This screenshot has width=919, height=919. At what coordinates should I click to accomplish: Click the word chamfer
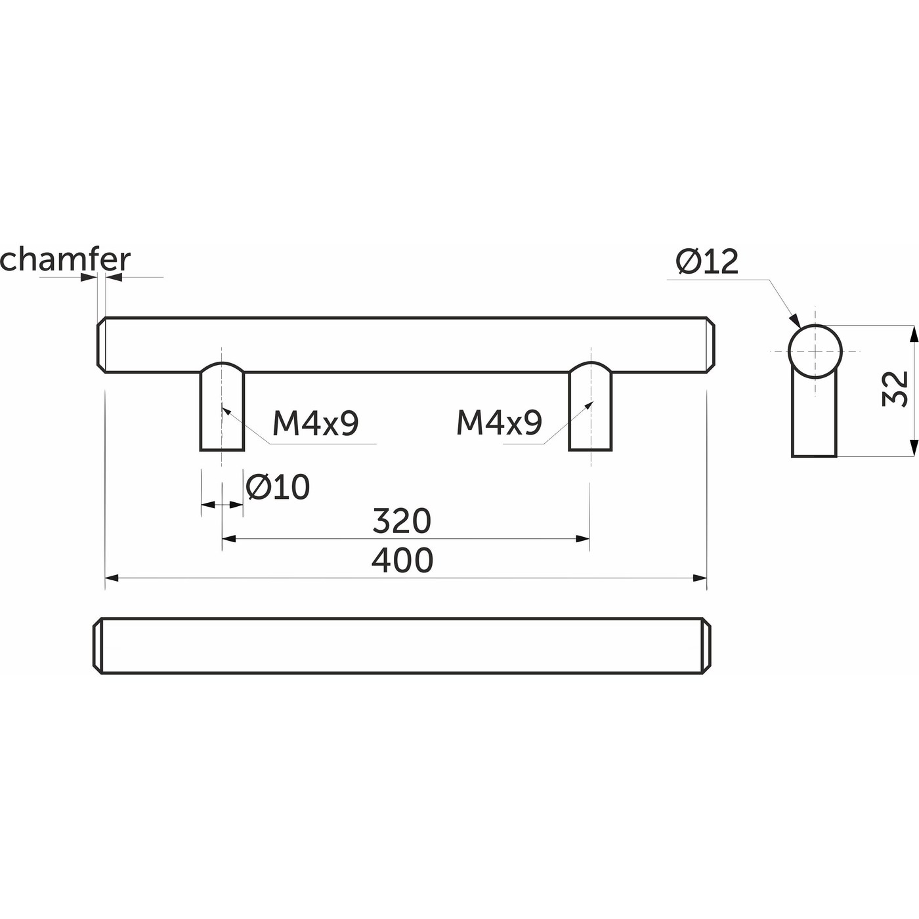coord(65,260)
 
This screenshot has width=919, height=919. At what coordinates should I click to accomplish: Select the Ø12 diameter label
coord(707,263)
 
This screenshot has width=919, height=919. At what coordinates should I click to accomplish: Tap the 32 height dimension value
coord(894,389)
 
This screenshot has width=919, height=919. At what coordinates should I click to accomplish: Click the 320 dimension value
coord(402,521)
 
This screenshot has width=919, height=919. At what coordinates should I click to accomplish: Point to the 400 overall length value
coord(402,561)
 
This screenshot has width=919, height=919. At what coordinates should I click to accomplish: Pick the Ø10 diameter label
coord(278,487)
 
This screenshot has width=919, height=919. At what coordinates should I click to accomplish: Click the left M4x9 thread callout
coord(315,423)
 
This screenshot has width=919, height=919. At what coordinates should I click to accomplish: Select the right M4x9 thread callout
coord(499,423)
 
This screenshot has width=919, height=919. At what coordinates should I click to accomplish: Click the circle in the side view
coord(815,351)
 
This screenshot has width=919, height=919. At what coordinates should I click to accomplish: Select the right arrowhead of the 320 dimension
coord(582,539)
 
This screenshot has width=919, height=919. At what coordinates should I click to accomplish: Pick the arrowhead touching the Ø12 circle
coord(795,321)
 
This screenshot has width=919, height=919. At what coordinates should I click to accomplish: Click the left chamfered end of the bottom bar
coord(99,646)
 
